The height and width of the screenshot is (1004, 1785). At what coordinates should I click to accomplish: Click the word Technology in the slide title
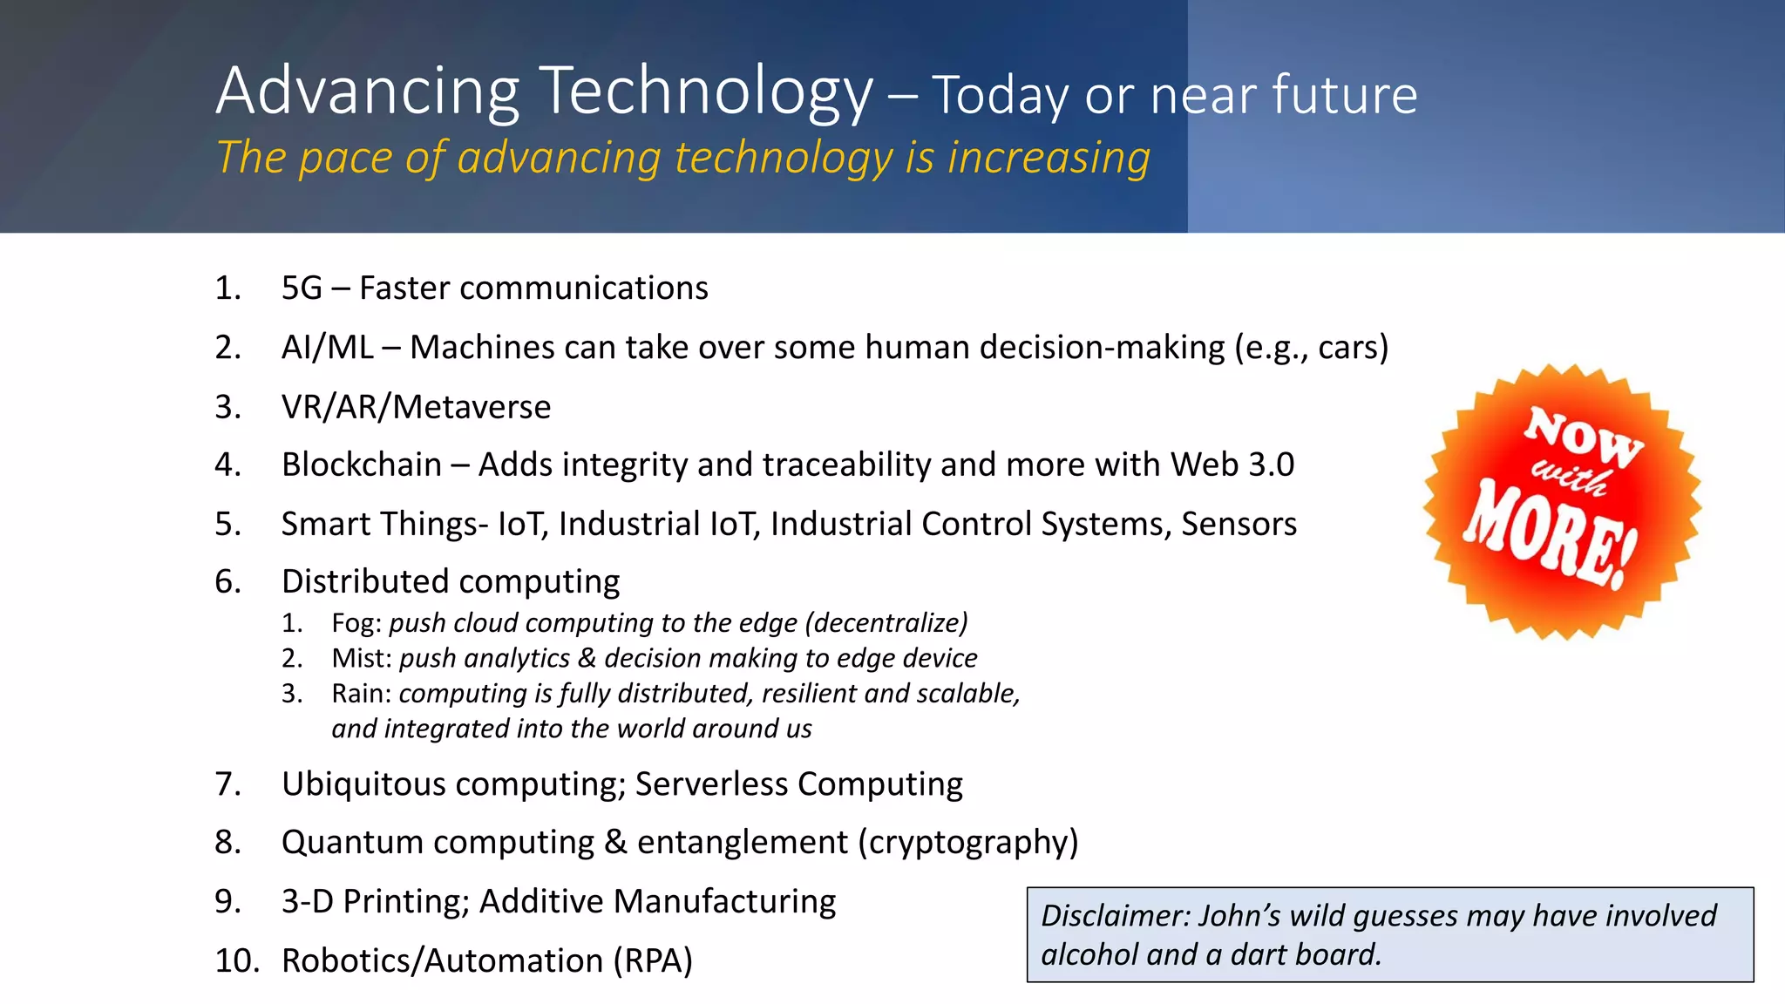706,92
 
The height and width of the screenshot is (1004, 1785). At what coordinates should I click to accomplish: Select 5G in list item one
302,288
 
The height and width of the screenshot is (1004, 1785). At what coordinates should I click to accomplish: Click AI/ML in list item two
327,348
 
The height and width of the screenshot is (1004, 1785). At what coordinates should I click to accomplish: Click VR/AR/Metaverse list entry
416,407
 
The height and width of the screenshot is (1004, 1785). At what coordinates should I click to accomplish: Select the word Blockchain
362,465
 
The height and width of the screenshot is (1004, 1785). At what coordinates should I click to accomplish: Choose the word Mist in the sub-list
357,658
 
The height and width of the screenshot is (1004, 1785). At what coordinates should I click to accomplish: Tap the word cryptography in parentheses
968,843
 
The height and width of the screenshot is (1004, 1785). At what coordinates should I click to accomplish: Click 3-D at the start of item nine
307,901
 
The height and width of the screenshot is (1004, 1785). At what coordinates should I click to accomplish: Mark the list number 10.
236,960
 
